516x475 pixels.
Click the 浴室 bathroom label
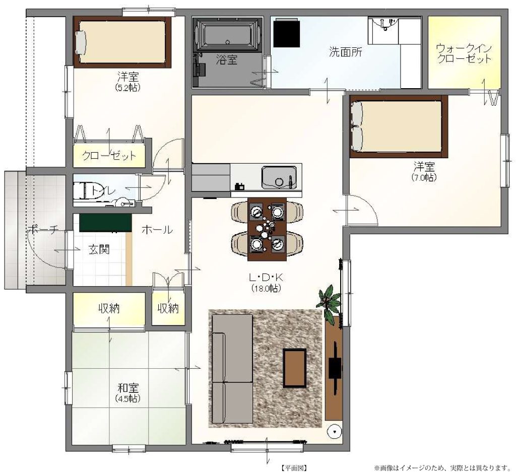[227, 60]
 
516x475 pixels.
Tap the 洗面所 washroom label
[346, 52]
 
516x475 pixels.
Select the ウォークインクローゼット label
[464, 53]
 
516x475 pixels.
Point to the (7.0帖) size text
[424, 177]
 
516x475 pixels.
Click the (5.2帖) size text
[127, 88]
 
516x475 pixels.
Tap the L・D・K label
[266, 278]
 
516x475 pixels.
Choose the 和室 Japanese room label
[128, 388]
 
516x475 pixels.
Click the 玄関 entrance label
[99, 250]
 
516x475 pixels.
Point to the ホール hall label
[157, 230]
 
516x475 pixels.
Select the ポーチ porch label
[43, 229]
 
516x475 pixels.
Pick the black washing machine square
[286, 33]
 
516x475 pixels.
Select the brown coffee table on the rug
[294, 368]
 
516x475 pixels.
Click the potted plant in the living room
[329, 302]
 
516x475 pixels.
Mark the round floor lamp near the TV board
[335, 432]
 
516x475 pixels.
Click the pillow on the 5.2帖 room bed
[81, 41]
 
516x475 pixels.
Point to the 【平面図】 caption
[294, 468]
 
